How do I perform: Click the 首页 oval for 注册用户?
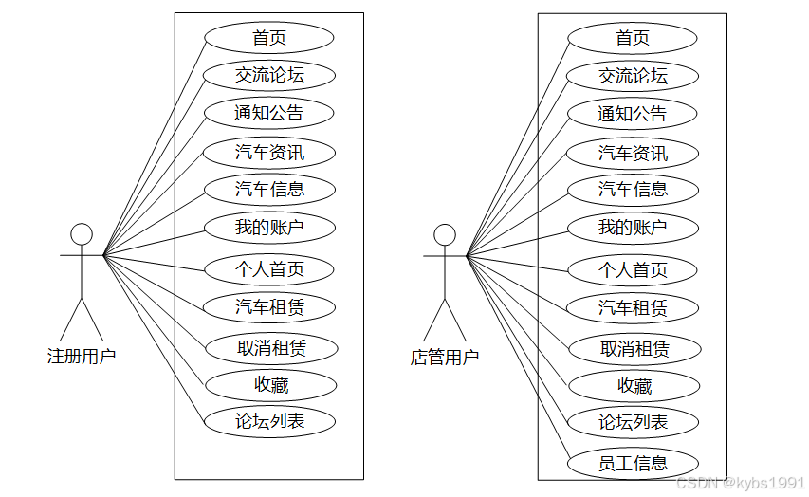point(269,38)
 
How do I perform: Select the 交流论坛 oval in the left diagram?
point(269,74)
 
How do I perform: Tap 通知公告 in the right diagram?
point(633,114)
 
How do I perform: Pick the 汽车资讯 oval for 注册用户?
point(269,152)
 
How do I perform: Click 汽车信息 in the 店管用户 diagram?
point(633,190)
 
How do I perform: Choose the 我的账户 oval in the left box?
point(269,228)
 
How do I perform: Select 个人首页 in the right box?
point(633,269)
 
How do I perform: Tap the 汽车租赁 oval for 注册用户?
point(269,306)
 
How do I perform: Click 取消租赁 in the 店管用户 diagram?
point(634,348)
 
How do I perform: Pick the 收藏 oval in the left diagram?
point(270,385)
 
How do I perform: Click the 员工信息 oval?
point(633,463)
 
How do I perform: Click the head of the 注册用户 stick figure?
point(83,233)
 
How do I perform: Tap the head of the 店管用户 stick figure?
point(445,234)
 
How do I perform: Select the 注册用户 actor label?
point(82,357)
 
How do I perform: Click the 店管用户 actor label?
point(445,358)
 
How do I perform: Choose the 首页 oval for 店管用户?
point(633,38)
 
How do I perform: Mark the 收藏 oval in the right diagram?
point(634,386)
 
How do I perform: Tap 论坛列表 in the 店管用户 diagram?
point(633,422)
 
